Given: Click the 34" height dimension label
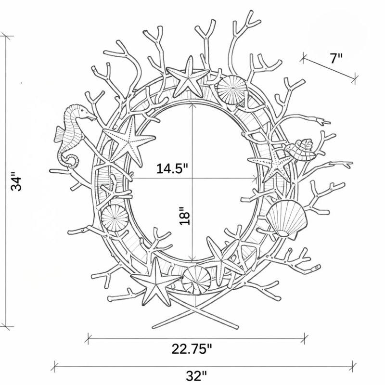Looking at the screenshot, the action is click(x=16, y=183).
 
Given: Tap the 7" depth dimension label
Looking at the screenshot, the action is click(x=335, y=58).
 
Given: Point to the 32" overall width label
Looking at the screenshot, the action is click(x=196, y=376).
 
